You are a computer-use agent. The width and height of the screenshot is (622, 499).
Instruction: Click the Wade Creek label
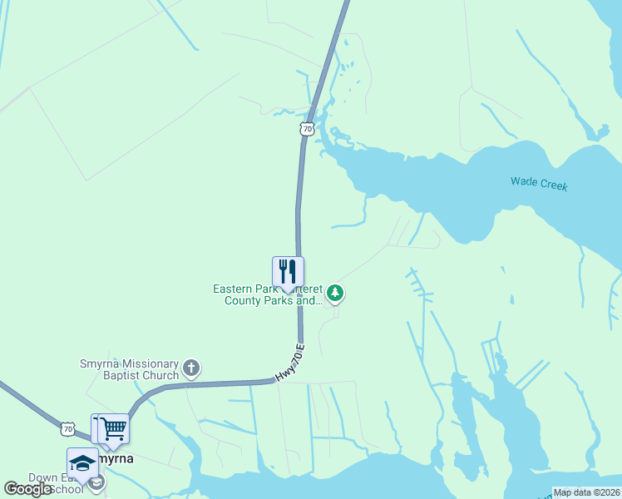[539, 184]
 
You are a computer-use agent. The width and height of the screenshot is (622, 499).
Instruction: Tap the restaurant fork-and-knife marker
[288, 272]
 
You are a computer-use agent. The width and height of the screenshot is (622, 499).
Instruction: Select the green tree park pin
[335, 292]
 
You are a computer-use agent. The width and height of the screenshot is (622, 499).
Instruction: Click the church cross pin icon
[191, 368]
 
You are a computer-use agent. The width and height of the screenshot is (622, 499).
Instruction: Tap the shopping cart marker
[114, 429]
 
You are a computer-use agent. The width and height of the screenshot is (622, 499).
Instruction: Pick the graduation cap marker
[82, 462]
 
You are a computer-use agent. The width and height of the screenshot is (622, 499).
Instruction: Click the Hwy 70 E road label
[290, 363]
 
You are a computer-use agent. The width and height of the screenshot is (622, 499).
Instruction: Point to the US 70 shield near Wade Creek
[308, 129]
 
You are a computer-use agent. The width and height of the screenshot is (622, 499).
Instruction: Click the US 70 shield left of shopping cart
[67, 429]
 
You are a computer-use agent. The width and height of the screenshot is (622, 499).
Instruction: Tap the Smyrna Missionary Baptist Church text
[129, 370]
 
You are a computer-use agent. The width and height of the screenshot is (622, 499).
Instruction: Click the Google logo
[28, 489]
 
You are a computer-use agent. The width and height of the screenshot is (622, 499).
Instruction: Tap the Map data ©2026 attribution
[587, 492]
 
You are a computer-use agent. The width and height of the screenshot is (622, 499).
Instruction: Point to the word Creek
[552, 185]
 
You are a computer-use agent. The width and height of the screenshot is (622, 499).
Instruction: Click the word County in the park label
[244, 300]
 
